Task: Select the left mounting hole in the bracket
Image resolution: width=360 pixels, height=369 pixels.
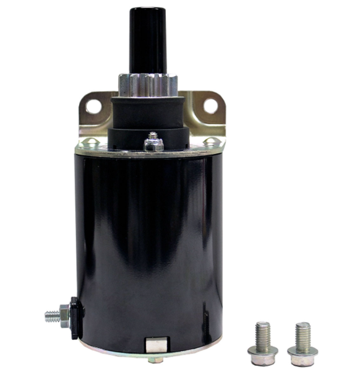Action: (x=94, y=106)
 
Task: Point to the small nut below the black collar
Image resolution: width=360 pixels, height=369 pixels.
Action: (x=153, y=144)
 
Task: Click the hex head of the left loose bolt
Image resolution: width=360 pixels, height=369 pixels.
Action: (x=263, y=356)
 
